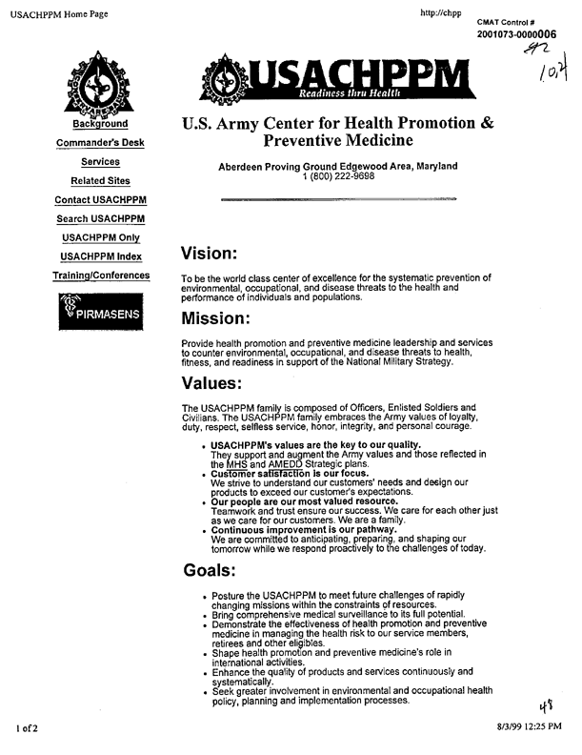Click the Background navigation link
100,124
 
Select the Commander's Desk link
100,143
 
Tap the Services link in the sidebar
100,162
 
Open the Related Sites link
100,181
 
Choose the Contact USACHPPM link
100,200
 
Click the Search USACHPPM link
100,219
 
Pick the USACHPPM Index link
100,256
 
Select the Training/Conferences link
100,275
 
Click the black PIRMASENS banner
100,312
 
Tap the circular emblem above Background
100,86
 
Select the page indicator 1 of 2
27,729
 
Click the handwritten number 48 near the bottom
546,707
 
